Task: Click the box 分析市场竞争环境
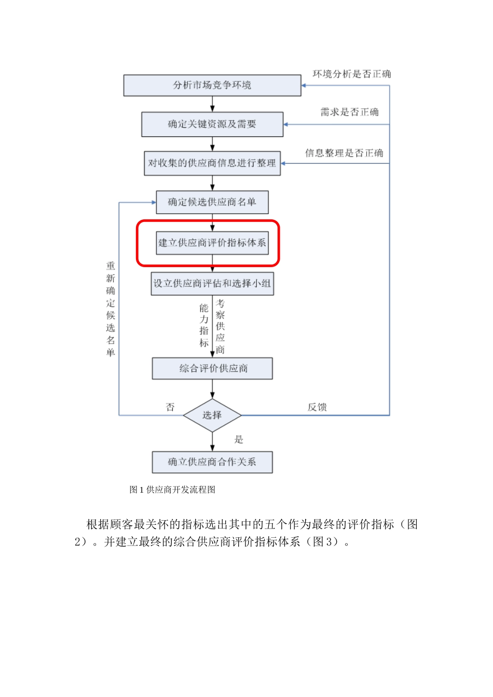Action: point(212,85)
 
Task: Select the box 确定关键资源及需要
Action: point(212,124)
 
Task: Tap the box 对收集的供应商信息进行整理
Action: point(212,163)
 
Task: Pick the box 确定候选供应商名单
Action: point(212,202)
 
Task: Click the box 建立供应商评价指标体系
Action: point(212,243)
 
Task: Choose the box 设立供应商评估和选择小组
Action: point(212,284)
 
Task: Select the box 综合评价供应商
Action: point(212,368)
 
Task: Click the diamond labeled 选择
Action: point(212,415)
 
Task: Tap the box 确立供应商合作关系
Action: point(212,462)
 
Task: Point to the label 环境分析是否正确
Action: point(351,74)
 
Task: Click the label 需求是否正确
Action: point(349,112)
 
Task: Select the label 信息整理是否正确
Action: point(344,153)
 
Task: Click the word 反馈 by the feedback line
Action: point(317,407)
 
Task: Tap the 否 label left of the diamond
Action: point(170,407)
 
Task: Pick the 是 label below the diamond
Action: point(239,440)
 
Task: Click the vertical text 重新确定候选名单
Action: point(111,309)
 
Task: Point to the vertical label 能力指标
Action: point(204,325)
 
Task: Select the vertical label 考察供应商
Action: point(221,326)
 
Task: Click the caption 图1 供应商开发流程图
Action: point(172,490)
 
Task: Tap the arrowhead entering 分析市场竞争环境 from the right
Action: point(304,85)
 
